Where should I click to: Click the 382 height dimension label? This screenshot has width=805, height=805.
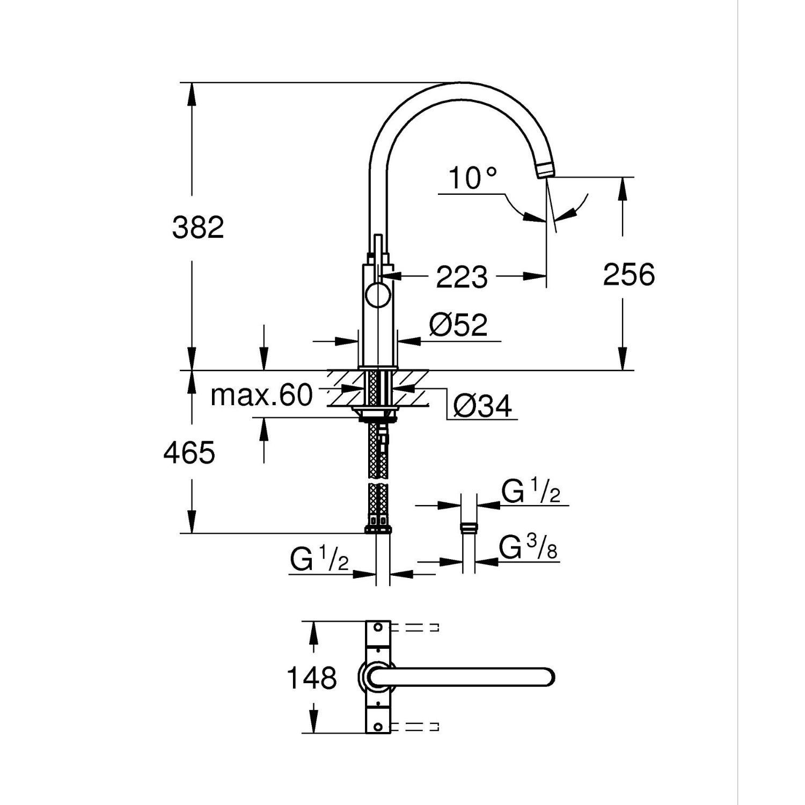(x=197, y=228)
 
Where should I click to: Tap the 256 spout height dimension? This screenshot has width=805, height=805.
(x=629, y=275)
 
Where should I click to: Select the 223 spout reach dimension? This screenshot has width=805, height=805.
(x=462, y=277)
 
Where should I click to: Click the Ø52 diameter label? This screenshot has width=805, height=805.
(x=458, y=324)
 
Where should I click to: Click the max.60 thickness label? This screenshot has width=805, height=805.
(x=261, y=396)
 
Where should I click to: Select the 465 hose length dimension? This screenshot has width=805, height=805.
(x=189, y=452)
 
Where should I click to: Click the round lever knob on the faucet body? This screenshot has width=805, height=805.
(x=378, y=296)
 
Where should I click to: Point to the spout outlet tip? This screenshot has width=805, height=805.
(x=545, y=171)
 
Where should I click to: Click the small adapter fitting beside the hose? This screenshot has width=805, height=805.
(x=469, y=527)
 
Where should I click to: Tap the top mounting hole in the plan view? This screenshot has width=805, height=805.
(x=378, y=627)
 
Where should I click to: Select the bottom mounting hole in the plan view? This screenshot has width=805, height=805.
(x=378, y=727)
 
